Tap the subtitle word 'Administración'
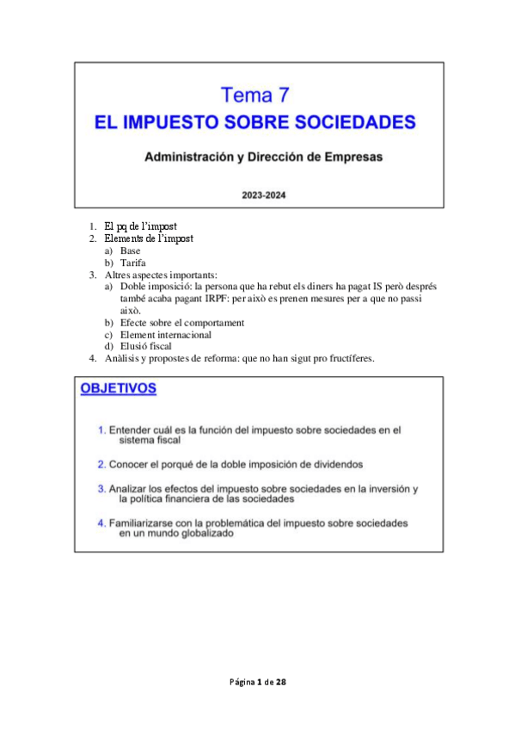(x=188, y=158)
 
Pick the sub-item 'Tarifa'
(x=133, y=263)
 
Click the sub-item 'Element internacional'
(x=166, y=335)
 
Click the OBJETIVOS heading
(x=118, y=389)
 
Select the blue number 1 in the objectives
(x=101, y=429)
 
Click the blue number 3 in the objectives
(x=101, y=489)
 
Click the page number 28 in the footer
(x=280, y=682)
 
